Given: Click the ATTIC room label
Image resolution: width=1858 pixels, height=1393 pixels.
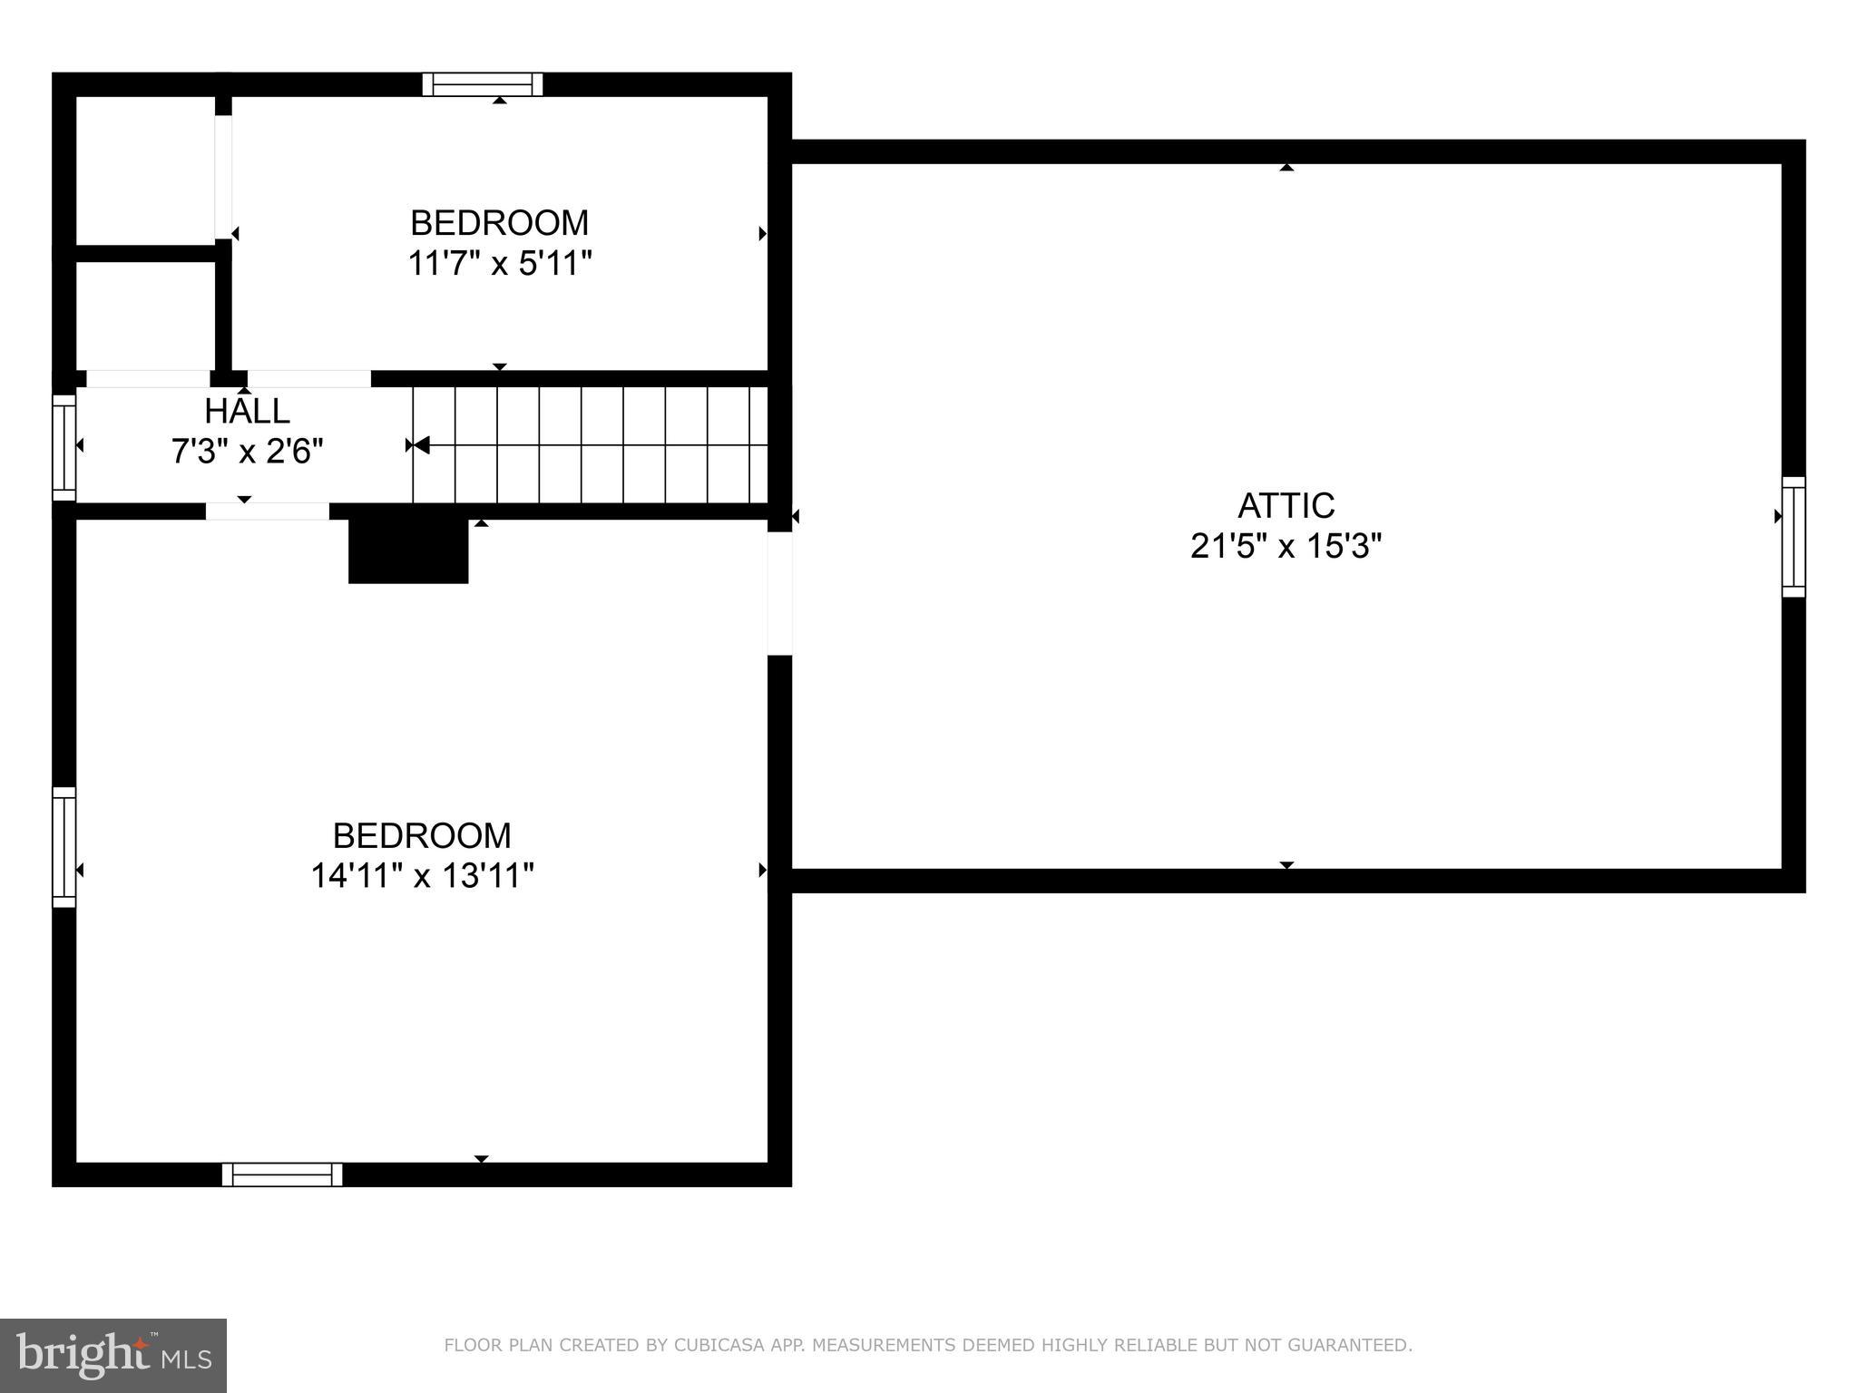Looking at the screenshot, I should [1286, 505].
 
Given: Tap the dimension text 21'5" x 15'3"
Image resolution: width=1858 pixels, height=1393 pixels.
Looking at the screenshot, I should [1286, 547].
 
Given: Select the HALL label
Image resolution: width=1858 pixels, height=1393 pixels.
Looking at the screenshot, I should [247, 411].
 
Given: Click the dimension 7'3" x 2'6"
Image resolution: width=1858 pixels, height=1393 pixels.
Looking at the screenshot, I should [247, 451].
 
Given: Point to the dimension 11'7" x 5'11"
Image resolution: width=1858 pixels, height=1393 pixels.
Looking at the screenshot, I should [499, 264].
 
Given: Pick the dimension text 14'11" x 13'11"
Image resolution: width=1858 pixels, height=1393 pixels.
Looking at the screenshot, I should [422, 876].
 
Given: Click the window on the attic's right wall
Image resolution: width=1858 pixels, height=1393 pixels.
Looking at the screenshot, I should [1793, 537].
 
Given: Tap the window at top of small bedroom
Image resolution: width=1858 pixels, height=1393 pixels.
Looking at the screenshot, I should [483, 84].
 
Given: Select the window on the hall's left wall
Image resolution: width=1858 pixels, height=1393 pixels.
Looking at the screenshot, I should [64, 447].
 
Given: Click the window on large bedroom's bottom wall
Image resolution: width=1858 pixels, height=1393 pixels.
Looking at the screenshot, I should [282, 1174].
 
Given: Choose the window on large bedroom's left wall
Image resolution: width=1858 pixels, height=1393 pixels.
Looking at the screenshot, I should [64, 846].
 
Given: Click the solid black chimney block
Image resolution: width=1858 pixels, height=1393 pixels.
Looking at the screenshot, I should [408, 551].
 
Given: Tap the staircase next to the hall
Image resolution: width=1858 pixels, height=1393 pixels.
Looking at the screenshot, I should [590, 444].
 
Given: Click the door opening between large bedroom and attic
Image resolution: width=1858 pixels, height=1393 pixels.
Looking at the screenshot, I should [779, 593].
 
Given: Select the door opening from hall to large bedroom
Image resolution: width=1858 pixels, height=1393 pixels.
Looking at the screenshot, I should [267, 511].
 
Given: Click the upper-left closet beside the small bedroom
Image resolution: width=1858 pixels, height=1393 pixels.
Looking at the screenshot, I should [145, 170].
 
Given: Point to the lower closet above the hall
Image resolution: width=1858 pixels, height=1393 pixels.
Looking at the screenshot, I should [145, 316].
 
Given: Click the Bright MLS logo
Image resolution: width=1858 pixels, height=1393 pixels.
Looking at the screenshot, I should [113, 1355].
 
